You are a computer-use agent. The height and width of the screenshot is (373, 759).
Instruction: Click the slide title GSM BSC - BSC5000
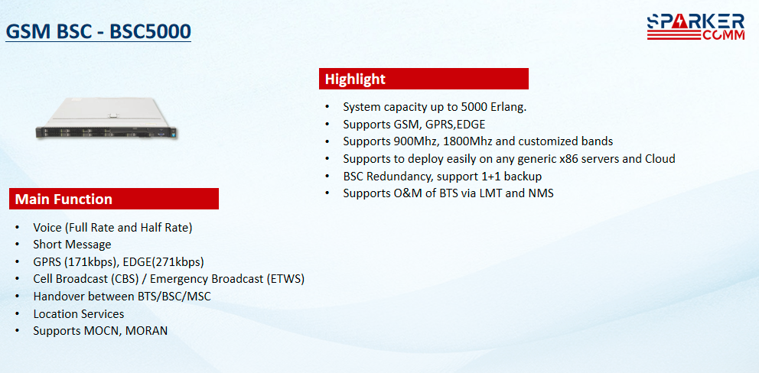98,32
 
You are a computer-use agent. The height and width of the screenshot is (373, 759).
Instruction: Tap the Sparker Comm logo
696,27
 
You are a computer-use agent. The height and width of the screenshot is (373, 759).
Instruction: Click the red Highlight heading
424,79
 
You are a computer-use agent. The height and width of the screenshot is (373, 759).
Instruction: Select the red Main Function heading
114,199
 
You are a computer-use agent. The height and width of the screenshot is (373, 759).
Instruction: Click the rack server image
106,118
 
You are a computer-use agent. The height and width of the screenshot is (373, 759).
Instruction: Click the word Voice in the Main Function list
47,227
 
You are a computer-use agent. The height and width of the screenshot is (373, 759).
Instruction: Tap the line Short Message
72,245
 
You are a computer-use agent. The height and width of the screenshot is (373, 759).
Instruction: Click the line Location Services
78,314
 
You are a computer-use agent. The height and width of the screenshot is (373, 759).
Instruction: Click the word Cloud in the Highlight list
660,159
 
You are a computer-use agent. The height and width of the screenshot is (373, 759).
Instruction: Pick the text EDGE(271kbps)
164,262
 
